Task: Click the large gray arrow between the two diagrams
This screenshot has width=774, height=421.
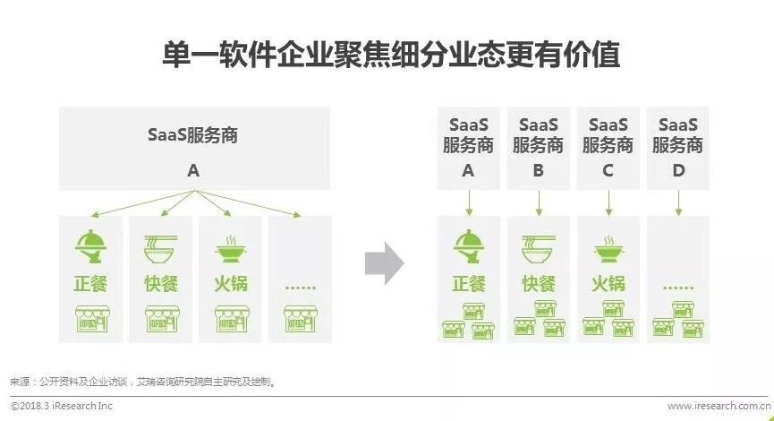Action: tap(384, 263)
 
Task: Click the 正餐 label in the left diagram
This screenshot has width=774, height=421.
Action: tap(92, 284)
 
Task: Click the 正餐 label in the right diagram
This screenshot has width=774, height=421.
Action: tap(468, 284)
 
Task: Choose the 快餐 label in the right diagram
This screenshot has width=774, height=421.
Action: tap(538, 284)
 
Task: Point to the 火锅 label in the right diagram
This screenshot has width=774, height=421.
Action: tap(608, 284)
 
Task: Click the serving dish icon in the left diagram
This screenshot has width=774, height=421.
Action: tap(92, 245)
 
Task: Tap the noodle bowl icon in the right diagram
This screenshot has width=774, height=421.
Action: tap(538, 245)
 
